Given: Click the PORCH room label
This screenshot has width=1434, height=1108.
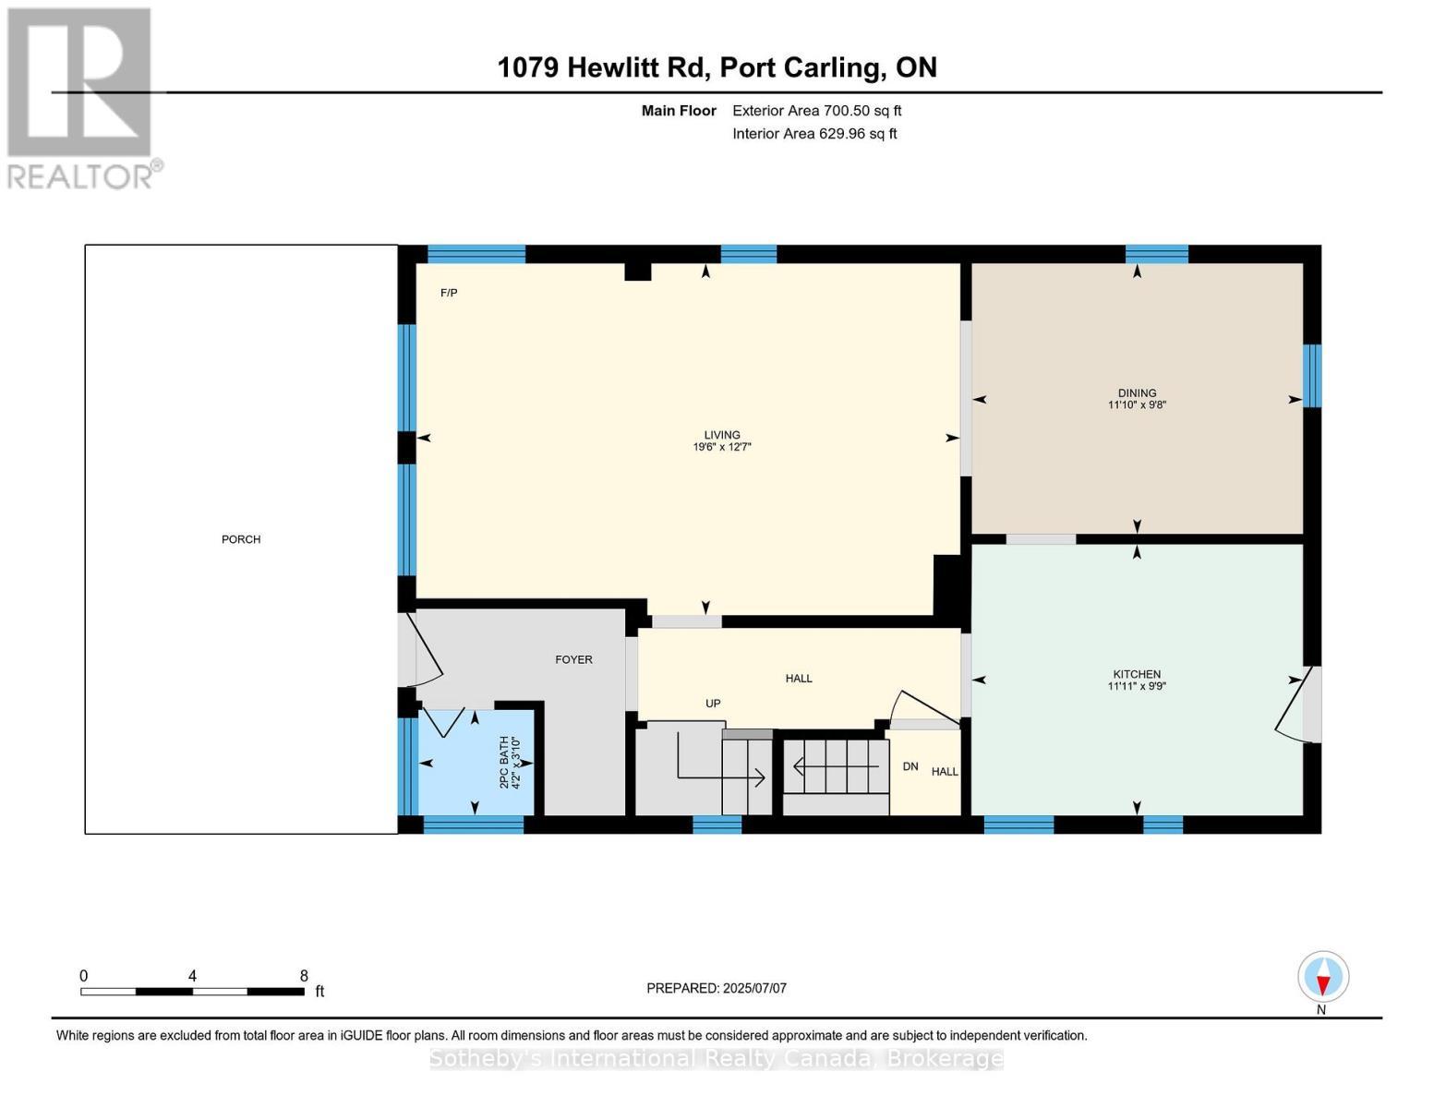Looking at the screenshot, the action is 241,539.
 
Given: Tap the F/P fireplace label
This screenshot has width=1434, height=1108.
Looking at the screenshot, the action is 449,293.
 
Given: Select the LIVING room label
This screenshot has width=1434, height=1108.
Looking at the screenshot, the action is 722,435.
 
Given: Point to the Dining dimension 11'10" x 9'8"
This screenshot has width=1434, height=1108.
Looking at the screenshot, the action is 1137,404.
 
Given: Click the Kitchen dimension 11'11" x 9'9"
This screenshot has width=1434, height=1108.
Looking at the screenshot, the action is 1137,686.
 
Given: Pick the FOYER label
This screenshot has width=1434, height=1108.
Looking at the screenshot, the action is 573,659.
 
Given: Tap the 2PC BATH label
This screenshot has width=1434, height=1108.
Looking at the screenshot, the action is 504,762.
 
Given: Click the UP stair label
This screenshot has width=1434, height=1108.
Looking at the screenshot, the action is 713,704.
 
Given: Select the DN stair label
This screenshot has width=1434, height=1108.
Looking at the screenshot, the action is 910,766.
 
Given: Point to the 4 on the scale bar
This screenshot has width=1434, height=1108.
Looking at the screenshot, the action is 192,975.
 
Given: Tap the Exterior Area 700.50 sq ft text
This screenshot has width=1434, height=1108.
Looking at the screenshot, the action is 816,111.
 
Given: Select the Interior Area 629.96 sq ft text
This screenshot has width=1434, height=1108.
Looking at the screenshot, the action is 814,134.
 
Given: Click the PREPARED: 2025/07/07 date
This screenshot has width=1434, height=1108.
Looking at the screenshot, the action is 717,988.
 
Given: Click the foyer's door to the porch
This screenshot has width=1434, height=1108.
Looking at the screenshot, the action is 420,650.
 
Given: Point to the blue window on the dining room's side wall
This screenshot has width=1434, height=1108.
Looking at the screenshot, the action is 1312,376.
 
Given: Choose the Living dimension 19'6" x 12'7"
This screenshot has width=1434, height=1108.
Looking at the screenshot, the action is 722,447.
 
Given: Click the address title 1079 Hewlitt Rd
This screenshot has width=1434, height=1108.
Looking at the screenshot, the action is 603,68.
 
